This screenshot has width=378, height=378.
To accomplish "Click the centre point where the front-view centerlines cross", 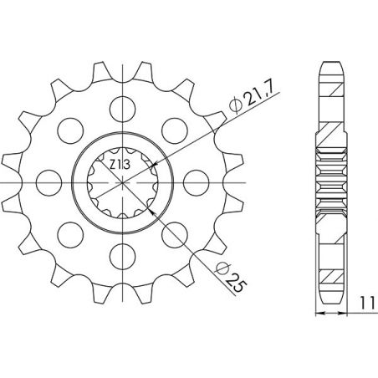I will [x=124, y=181].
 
